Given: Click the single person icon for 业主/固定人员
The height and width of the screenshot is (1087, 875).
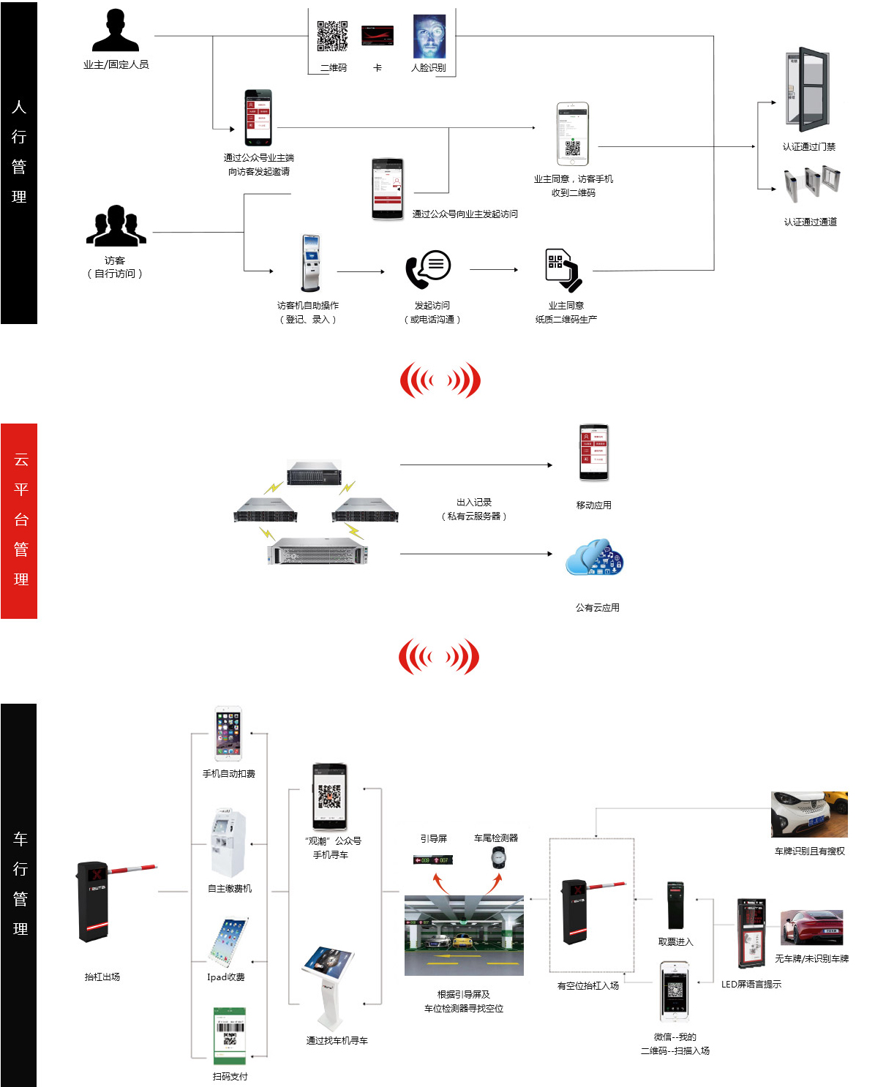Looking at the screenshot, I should click(116, 31).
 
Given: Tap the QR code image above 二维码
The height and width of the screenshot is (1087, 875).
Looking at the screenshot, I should click(332, 36).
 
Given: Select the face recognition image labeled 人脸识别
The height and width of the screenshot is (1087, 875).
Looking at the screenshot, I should click(429, 37).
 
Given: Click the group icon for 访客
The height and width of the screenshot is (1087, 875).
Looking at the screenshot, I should click(116, 226).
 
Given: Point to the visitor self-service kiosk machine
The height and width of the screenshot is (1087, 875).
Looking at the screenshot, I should click(311, 263).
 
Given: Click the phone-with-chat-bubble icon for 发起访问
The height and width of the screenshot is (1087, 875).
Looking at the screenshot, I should click(429, 269).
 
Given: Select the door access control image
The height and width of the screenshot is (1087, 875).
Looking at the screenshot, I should click(808, 89).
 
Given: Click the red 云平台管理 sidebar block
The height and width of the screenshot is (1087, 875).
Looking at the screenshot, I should click(19, 521).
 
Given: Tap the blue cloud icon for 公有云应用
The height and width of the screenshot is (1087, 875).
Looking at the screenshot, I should click(595, 558).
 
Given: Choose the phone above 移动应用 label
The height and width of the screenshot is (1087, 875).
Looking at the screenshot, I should click(594, 453).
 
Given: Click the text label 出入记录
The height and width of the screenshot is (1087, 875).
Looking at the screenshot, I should click(474, 503).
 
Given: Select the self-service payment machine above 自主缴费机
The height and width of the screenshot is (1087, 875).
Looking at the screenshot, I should click(228, 843).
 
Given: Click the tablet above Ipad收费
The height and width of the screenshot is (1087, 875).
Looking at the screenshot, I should click(229, 942).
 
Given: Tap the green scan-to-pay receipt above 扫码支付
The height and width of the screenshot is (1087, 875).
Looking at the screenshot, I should click(230, 1036).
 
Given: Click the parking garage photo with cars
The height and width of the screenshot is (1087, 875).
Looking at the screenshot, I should click(464, 935).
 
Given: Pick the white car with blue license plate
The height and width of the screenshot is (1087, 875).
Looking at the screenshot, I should click(809, 813).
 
